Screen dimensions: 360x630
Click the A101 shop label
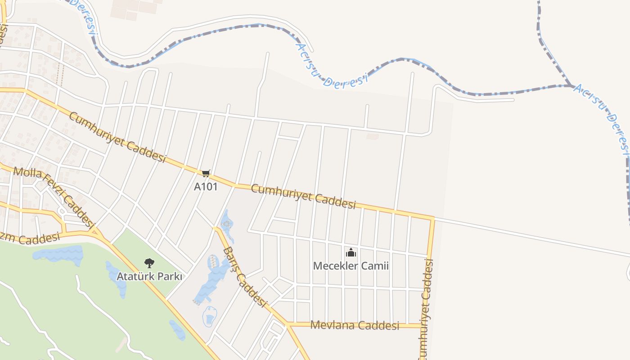[x=206, y=186]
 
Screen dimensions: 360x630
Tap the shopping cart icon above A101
[x=206, y=173]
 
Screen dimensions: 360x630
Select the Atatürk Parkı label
[x=149, y=276]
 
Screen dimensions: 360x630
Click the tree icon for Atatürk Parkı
[x=149, y=263]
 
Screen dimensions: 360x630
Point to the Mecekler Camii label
[x=351, y=266]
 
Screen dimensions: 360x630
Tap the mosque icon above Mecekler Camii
[x=351, y=252]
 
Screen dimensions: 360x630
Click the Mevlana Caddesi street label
[x=355, y=325]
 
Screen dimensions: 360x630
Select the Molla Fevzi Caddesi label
[x=54, y=196]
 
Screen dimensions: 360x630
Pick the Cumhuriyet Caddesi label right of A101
[x=303, y=196]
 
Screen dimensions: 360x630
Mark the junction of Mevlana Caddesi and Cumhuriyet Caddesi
[x=424, y=325]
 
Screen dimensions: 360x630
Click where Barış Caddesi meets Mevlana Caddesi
[x=287, y=324]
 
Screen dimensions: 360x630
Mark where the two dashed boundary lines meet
[x=571, y=85]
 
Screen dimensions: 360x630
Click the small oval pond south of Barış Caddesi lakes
[x=209, y=316]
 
